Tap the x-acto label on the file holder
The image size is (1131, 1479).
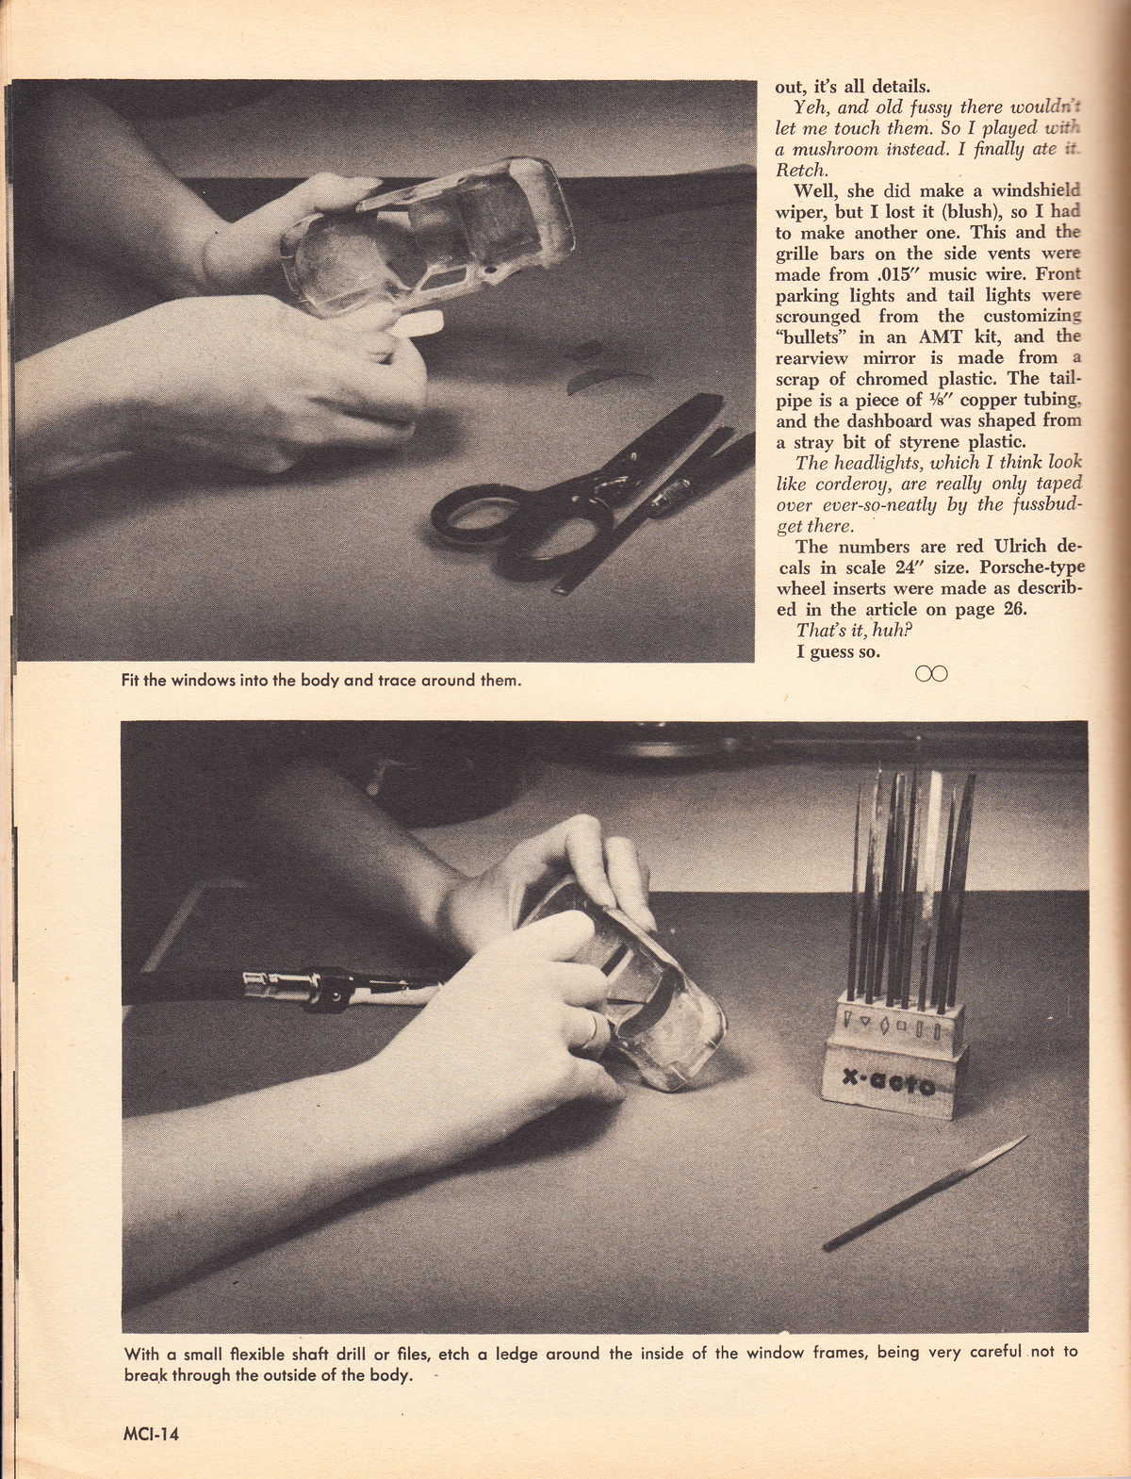click(x=888, y=1082)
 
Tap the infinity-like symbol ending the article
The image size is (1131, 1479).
click(x=931, y=673)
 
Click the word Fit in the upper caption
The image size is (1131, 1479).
click(x=130, y=680)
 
